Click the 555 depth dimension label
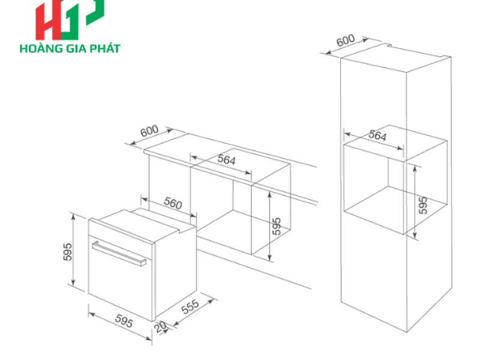(190, 307)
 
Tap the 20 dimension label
(160, 326)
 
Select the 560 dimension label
(173, 203)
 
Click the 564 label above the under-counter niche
(227, 160)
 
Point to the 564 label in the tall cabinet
(377, 136)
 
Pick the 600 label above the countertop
(149, 131)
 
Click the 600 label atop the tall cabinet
(346, 40)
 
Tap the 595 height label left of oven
(68, 251)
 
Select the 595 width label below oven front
(124, 321)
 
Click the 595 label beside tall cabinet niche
(423, 205)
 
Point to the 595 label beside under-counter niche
(277, 226)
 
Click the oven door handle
(119, 253)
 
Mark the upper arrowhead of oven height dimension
(73, 217)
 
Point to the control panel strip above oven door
(121, 230)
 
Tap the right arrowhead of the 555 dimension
(211, 301)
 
